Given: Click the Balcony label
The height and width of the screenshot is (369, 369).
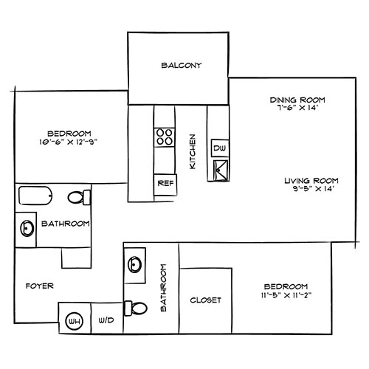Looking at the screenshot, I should [x=182, y=66].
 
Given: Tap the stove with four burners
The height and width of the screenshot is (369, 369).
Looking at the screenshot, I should [x=165, y=137].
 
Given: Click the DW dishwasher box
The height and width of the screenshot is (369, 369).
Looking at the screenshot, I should [x=219, y=149].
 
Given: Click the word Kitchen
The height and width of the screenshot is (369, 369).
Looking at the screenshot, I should [x=193, y=151].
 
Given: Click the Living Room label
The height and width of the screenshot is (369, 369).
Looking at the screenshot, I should [x=311, y=181].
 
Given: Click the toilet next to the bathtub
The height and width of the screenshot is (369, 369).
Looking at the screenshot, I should [x=78, y=198].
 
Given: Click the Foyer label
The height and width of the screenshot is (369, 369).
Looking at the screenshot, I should [x=38, y=286].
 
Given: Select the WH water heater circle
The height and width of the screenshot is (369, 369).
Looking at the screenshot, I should [x=74, y=321].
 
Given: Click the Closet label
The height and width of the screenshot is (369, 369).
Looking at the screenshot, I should [x=206, y=300].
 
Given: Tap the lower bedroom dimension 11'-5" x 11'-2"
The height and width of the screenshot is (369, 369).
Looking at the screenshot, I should [x=284, y=294].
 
